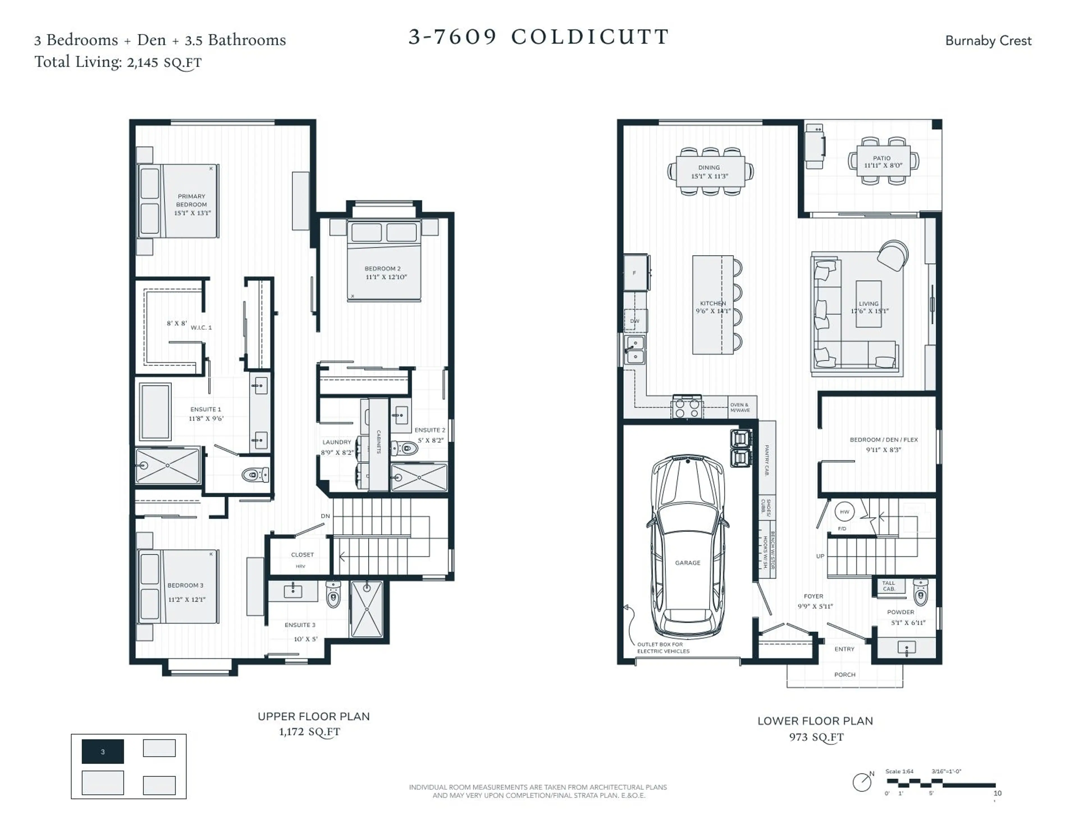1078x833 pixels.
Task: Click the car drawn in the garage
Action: (688, 546)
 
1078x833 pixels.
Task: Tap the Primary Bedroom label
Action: (191, 200)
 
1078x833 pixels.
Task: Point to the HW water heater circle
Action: (844, 512)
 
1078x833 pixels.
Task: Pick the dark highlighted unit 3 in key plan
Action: (103, 752)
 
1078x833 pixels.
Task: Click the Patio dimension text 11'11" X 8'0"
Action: (883, 165)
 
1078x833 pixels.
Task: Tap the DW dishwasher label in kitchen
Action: (635, 321)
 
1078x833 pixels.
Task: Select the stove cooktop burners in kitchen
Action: (687, 407)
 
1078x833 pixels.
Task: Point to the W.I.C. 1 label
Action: (201, 327)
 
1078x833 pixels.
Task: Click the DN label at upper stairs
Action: (325, 516)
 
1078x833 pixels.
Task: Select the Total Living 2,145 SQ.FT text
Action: (118, 62)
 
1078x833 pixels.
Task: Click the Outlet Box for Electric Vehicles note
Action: (663, 647)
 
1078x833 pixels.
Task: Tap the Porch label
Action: (844, 674)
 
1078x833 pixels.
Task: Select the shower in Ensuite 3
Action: (367, 609)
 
